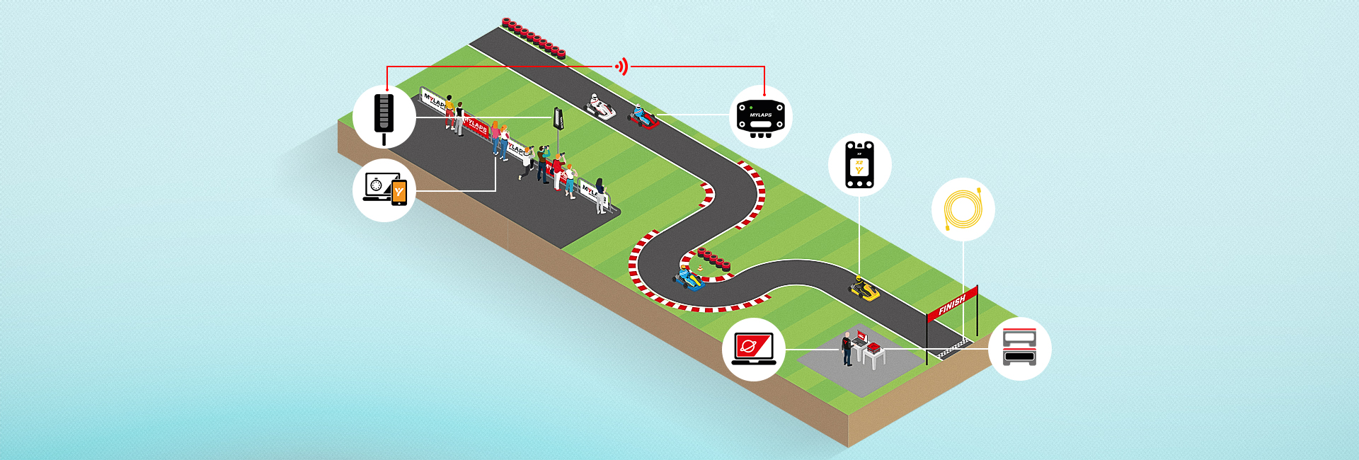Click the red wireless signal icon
[x=621, y=67]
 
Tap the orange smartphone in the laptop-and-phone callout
[x=399, y=192]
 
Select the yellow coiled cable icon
[x=963, y=209]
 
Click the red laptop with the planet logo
[x=753, y=347]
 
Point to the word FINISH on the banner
[x=951, y=304]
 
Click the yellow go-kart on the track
[x=864, y=289]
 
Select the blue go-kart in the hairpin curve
[x=687, y=280]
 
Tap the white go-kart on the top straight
[x=600, y=107]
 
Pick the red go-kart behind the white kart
[x=643, y=118]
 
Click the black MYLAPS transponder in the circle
[x=760, y=117]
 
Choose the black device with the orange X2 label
[x=859, y=165]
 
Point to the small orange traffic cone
[x=700, y=268]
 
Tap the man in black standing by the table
[x=847, y=349]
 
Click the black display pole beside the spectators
[x=558, y=120]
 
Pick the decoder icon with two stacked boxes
[x=1019, y=347]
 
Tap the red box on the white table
[x=874, y=347]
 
